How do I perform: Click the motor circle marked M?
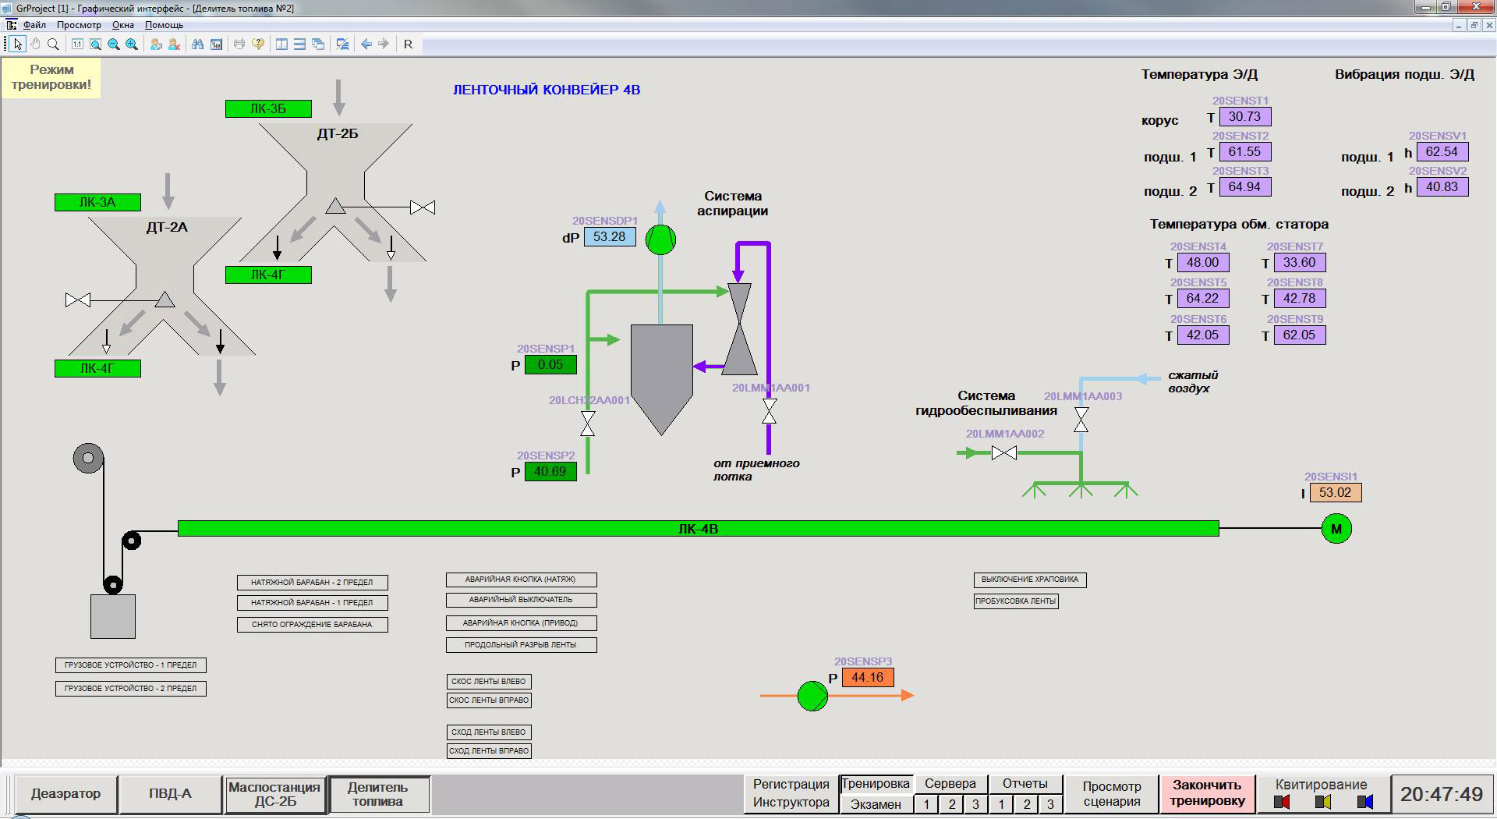click(x=1336, y=529)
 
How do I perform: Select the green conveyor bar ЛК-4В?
click(x=699, y=529)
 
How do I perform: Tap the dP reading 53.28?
click(x=609, y=237)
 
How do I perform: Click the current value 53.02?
click(x=1336, y=493)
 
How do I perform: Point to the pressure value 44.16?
click(x=867, y=678)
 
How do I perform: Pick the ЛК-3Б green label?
click(x=268, y=108)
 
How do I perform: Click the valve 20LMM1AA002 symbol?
click(x=1004, y=453)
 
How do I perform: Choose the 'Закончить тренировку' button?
click(x=1208, y=794)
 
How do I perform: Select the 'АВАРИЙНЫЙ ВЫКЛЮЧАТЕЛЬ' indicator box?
click(x=521, y=600)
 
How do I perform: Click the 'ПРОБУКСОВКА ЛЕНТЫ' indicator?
click(x=1016, y=601)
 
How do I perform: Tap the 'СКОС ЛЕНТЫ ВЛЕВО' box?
click(x=489, y=682)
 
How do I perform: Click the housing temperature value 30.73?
click(x=1244, y=117)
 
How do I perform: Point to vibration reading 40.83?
click(x=1442, y=187)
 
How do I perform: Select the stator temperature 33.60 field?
click(x=1299, y=263)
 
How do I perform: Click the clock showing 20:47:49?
click(x=1442, y=794)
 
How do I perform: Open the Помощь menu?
click(x=164, y=25)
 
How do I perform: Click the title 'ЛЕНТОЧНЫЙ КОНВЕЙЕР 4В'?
click(x=547, y=90)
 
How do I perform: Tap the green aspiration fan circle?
click(x=661, y=239)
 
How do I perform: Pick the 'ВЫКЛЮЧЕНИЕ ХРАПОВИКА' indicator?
click(x=1030, y=580)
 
